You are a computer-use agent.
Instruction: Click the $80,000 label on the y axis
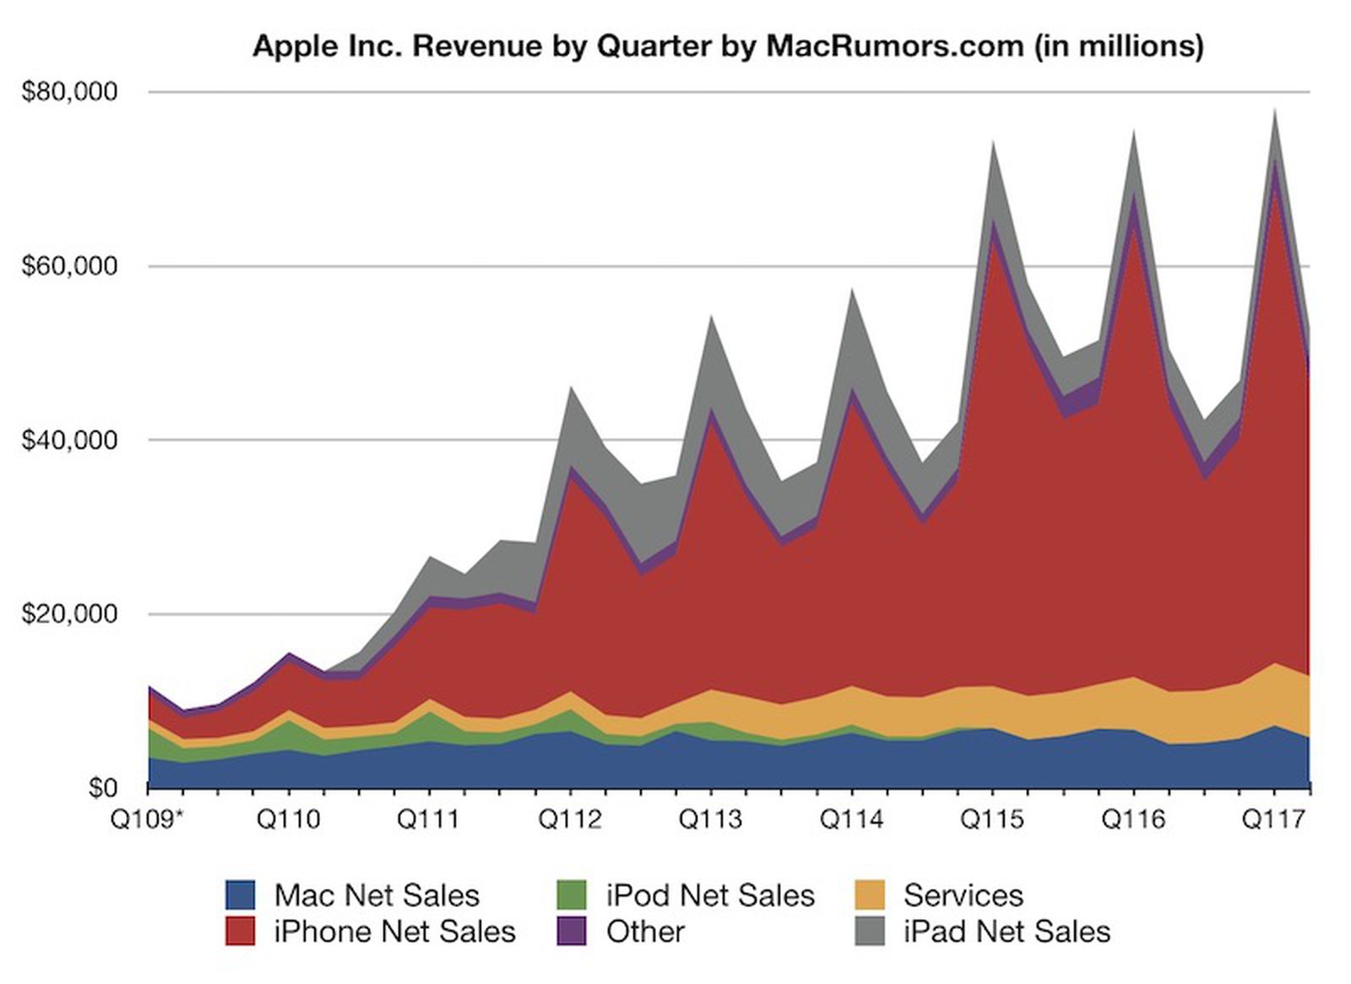pos(69,91)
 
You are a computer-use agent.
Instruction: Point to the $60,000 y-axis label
pos(69,267)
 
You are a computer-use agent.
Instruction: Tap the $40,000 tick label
pos(69,440)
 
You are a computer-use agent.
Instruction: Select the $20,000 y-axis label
pos(69,614)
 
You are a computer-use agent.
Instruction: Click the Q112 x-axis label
pos(570,819)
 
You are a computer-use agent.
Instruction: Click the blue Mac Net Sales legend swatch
pos(240,895)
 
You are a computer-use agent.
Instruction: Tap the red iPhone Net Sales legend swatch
pos(240,932)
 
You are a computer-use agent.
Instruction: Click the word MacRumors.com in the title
pos(894,46)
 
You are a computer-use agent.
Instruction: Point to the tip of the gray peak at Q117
pos(1274,111)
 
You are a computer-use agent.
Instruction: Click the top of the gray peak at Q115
pos(993,142)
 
